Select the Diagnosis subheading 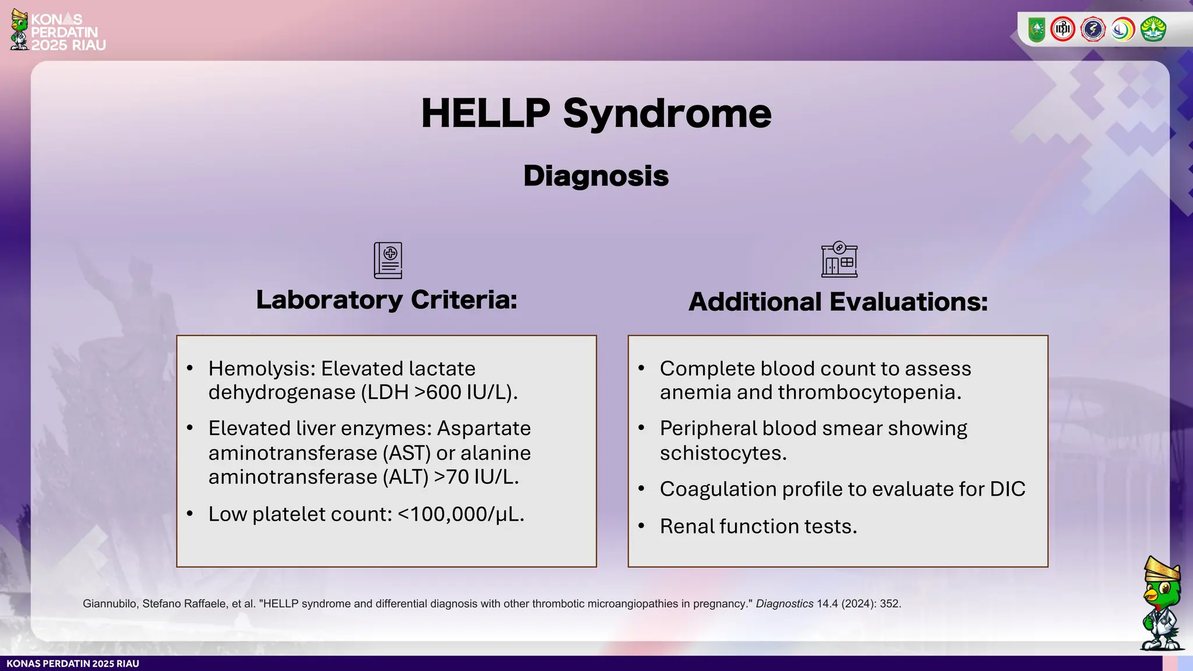click(x=596, y=175)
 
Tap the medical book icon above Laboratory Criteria click(x=388, y=260)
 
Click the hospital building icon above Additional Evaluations click(x=839, y=260)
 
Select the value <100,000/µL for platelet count click(x=461, y=514)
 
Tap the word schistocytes click(x=723, y=453)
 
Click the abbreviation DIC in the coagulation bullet click(x=1007, y=489)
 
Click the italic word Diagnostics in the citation click(x=784, y=604)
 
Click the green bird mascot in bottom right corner click(x=1162, y=606)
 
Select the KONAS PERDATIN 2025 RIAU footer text click(x=73, y=664)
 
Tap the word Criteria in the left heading click(x=464, y=300)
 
